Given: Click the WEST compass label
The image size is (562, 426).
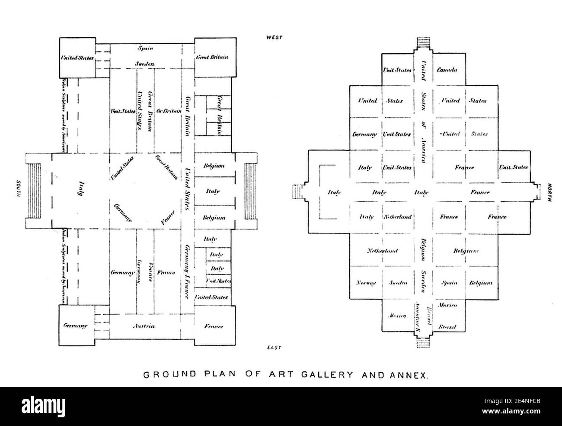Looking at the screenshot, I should point(274,37).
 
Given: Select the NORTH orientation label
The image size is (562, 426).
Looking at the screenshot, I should point(549,192).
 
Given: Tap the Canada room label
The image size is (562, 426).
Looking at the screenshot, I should point(447,70).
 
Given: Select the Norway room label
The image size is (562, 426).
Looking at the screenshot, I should point(366,283).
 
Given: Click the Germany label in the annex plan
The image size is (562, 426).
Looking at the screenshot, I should point(365,134).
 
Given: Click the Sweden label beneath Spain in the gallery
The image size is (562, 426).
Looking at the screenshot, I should point(144,64).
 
